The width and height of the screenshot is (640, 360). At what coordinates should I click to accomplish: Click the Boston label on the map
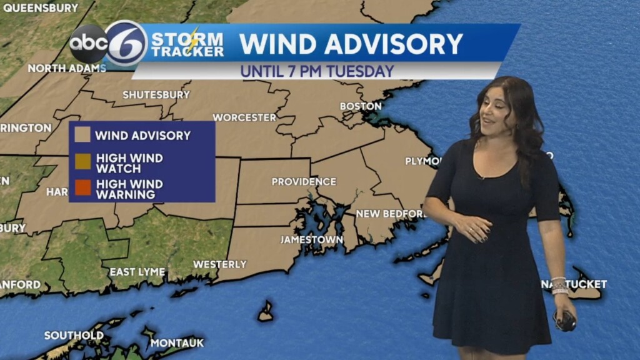coord(361,106)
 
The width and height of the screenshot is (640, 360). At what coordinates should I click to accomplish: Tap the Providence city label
coord(304,182)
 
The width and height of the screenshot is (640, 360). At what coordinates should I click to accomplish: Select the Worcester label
coord(244,117)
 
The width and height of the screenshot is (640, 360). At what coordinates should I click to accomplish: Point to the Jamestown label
coord(311,239)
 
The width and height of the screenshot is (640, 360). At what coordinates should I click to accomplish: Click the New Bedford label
coord(391,214)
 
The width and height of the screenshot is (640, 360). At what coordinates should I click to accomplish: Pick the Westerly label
coord(219,264)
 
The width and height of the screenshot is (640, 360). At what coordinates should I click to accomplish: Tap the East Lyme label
coord(137,272)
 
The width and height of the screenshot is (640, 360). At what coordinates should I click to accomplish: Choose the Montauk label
coord(177,342)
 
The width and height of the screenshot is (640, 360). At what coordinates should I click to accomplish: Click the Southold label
coord(74,336)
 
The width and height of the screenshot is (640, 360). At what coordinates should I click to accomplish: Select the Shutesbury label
coord(156,95)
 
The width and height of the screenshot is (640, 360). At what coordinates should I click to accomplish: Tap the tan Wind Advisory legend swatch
coord(82,135)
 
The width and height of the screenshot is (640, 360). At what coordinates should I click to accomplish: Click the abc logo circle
coord(88,44)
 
